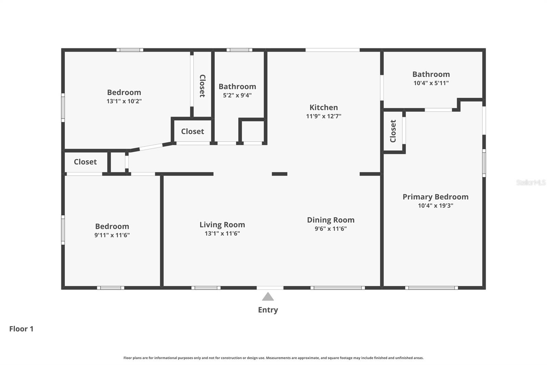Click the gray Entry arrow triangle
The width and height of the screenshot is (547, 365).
(268, 297)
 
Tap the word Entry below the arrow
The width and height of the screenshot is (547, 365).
(268, 310)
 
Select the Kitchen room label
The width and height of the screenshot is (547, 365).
(323, 108)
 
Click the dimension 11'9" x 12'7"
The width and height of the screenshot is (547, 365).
(323, 116)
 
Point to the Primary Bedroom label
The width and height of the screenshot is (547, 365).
(435, 197)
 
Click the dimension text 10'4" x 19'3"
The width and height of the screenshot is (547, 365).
(435, 206)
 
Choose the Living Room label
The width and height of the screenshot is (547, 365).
(222, 225)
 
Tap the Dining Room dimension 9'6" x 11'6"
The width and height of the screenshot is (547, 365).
(331, 229)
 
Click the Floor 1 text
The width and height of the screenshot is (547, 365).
(21, 329)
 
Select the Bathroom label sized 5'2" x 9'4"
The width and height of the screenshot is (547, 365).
(237, 87)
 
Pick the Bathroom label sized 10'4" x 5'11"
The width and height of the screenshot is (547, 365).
(431, 74)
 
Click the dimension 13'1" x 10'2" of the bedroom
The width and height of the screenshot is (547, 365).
(124, 101)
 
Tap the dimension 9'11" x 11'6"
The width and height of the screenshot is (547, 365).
(112, 235)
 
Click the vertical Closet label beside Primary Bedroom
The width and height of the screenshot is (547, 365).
(393, 131)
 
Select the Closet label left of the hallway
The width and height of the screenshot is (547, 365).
(85, 162)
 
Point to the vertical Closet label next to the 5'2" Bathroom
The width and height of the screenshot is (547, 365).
(202, 86)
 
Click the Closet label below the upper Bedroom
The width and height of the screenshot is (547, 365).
(192, 131)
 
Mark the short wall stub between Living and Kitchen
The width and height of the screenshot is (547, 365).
(279, 174)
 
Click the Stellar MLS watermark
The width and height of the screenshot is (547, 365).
(531, 182)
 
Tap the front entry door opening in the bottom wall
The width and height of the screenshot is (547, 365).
(270, 288)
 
